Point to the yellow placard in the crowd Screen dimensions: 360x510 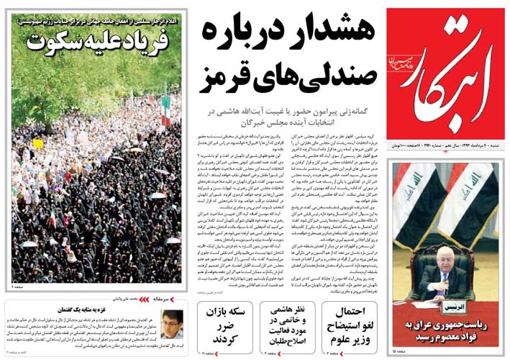click(x=37, y=143)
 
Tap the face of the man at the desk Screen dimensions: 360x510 click(x=447, y=258)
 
